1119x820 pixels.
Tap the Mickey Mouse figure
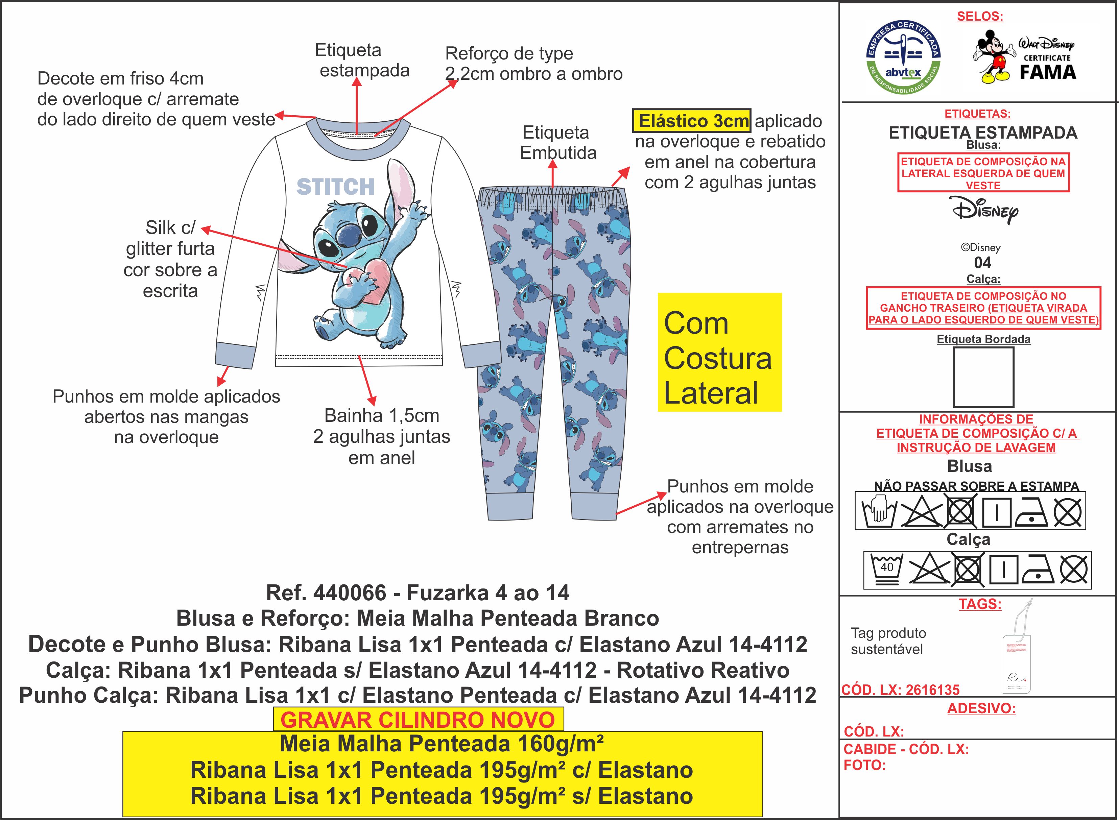pyautogui.click(x=992, y=56)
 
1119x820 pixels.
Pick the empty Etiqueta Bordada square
pyautogui.click(x=983, y=377)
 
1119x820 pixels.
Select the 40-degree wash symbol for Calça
pyautogui.click(x=887, y=569)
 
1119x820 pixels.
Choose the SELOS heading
pyautogui.click(x=980, y=16)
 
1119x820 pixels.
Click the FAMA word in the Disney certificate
pyautogui.click(x=1048, y=72)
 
